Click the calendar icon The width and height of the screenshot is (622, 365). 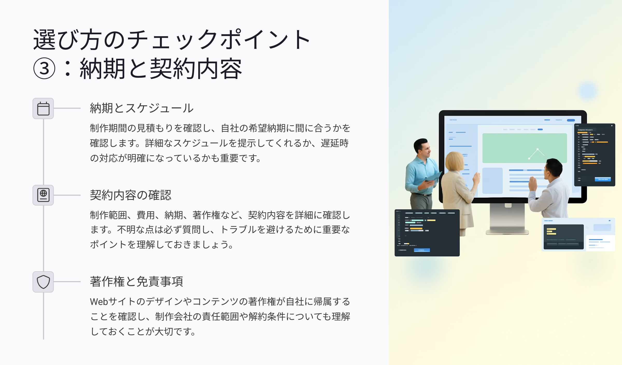tap(43, 108)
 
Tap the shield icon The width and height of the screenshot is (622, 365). tap(43, 282)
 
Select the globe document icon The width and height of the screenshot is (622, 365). tap(43, 195)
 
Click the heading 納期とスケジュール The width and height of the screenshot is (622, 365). tap(142, 108)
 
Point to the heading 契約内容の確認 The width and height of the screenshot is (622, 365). tap(131, 195)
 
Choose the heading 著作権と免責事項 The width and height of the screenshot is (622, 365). tap(137, 282)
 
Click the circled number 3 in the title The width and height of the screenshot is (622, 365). tap(44, 68)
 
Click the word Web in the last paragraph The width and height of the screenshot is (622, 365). tap(99, 302)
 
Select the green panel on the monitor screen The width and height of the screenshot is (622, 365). tap(525, 148)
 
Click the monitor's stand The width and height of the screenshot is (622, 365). tap(507, 219)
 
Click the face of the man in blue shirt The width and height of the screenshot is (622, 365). tap(425, 148)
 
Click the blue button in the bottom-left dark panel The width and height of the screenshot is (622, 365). tap(422, 250)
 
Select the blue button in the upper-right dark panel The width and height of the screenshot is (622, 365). tap(603, 179)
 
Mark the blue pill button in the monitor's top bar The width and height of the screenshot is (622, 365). tap(571, 120)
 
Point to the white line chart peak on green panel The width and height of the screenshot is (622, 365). tap(538, 149)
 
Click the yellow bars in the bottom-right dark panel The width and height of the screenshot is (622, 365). tap(551, 231)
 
